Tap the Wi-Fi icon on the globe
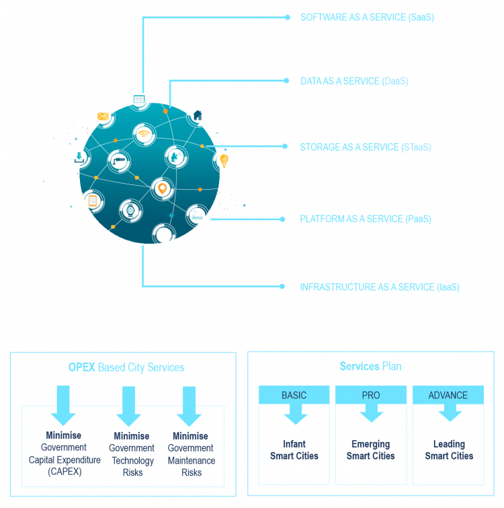click(143, 134)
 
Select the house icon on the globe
click(198, 114)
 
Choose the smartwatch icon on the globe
click(130, 210)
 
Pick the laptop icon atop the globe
click(139, 98)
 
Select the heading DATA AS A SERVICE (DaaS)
click(354, 81)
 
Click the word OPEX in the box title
click(82, 367)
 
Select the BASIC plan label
click(294, 395)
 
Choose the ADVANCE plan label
click(448, 395)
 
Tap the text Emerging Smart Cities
click(371, 450)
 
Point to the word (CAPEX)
click(64, 472)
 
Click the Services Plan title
click(371, 367)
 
